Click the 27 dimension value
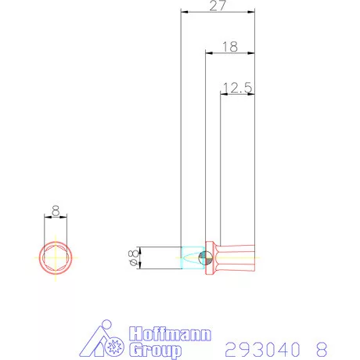(x=218, y=6)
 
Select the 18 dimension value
(x=229, y=47)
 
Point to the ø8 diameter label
(x=134, y=257)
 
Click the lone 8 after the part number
(x=319, y=347)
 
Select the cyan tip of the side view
(x=189, y=257)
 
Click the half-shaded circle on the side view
(x=204, y=257)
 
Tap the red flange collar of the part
(x=211, y=257)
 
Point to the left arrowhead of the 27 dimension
(x=184, y=13)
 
